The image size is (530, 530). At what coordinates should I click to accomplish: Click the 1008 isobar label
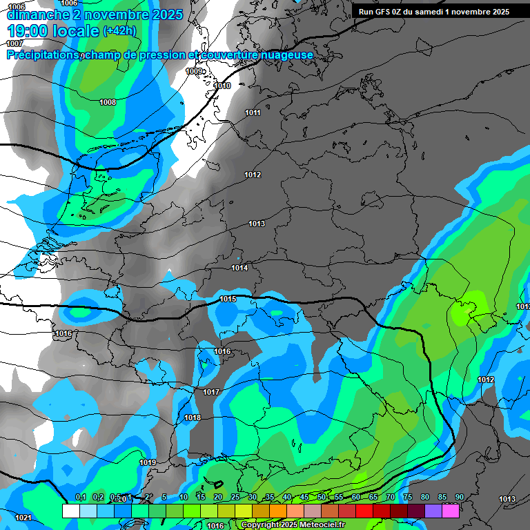click(108, 103)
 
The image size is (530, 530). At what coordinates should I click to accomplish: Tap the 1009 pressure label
click(194, 72)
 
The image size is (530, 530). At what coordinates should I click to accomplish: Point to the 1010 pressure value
click(222, 86)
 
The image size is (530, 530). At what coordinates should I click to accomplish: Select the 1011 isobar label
click(253, 112)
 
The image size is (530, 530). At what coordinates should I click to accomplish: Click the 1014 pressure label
click(239, 268)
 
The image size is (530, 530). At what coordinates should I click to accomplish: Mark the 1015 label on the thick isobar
click(228, 299)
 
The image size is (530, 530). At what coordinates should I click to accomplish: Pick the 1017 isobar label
click(211, 392)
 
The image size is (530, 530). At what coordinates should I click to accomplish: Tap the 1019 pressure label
click(147, 462)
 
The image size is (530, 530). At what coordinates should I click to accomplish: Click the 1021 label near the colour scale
click(23, 518)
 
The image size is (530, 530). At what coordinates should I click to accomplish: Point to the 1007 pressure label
click(14, 43)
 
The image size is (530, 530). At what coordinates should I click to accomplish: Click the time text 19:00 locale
click(52, 31)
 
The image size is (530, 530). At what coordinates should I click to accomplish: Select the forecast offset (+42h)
click(119, 31)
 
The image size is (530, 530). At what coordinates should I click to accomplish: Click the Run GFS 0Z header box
click(434, 12)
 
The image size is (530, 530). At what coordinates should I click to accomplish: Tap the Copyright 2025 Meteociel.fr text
click(293, 524)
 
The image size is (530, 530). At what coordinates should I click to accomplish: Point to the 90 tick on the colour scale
click(459, 497)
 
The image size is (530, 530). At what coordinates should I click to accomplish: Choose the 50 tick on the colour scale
click(322, 497)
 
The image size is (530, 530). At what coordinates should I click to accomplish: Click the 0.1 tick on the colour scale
click(81, 497)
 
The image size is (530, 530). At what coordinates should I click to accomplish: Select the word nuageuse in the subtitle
click(285, 55)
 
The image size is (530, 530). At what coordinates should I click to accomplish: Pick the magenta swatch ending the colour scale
click(451, 511)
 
